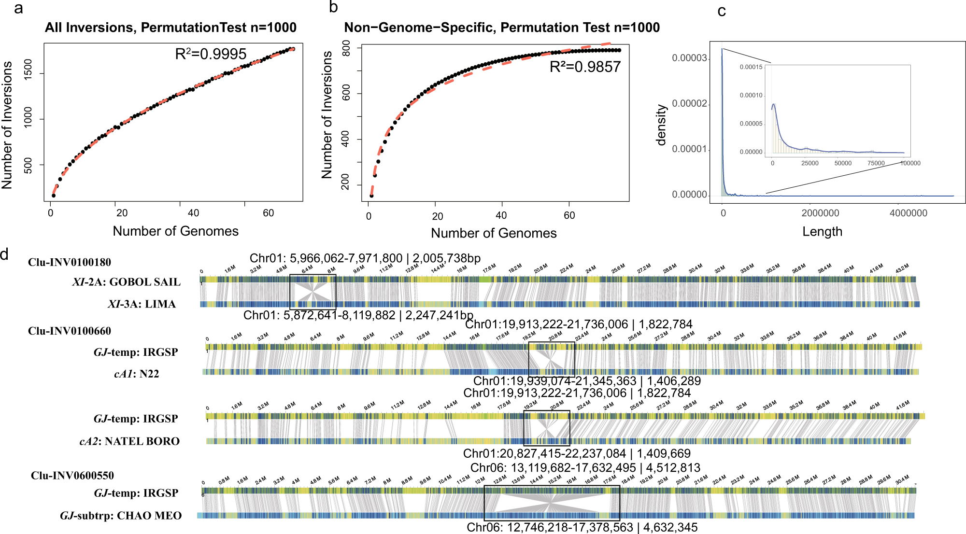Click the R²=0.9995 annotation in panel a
click(211, 54)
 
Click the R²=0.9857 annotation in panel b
click(585, 67)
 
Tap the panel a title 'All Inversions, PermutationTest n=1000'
click(170, 28)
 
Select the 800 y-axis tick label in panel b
click(346, 48)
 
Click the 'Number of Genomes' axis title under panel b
click(494, 233)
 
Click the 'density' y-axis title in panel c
click(661, 125)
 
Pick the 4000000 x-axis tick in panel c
click(908, 213)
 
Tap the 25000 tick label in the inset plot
click(810, 163)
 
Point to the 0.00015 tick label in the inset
click(751, 67)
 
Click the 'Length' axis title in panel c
click(822, 232)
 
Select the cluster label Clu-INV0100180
click(70, 262)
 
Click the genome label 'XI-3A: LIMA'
click(142, 304)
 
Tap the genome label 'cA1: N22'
click(137, 374)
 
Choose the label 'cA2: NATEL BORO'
click(129, 441)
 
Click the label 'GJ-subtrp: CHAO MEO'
click(121, 516)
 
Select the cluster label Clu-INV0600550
click(72, 476)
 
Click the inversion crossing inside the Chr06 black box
click(551, 504)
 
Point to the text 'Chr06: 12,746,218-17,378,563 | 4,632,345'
click(582, 527)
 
